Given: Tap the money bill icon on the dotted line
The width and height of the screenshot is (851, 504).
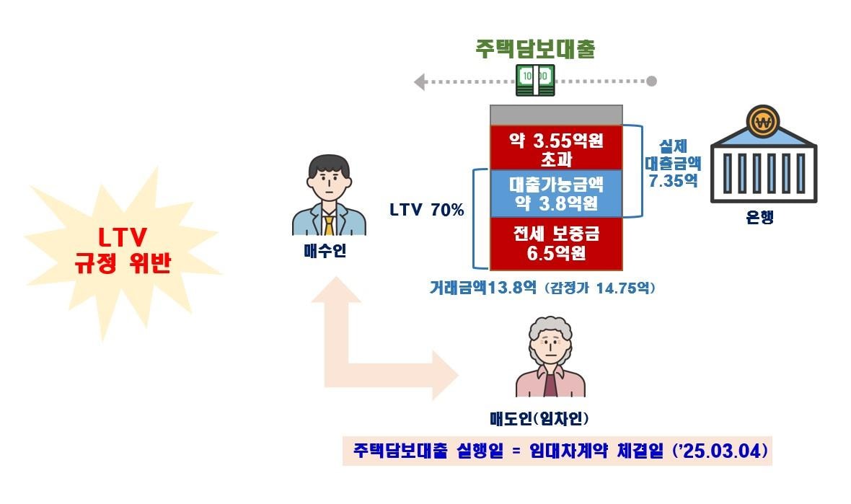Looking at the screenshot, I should pos(534,79).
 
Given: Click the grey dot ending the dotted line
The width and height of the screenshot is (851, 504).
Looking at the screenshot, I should pos(651,81).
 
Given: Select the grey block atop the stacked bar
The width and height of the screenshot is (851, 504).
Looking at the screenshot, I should pos(556,115).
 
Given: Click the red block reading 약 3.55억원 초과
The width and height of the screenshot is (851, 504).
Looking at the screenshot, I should pos(556,147).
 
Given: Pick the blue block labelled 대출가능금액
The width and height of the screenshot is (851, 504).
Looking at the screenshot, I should pos(556,193).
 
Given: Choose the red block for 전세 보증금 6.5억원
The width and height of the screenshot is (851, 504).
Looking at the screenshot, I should pos(556,243).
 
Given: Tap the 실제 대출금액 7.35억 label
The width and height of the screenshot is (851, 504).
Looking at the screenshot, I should pos(672,164).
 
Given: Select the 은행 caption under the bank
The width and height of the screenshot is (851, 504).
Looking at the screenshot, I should pos(761,218).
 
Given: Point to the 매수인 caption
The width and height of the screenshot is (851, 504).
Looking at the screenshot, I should pos(325,252).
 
